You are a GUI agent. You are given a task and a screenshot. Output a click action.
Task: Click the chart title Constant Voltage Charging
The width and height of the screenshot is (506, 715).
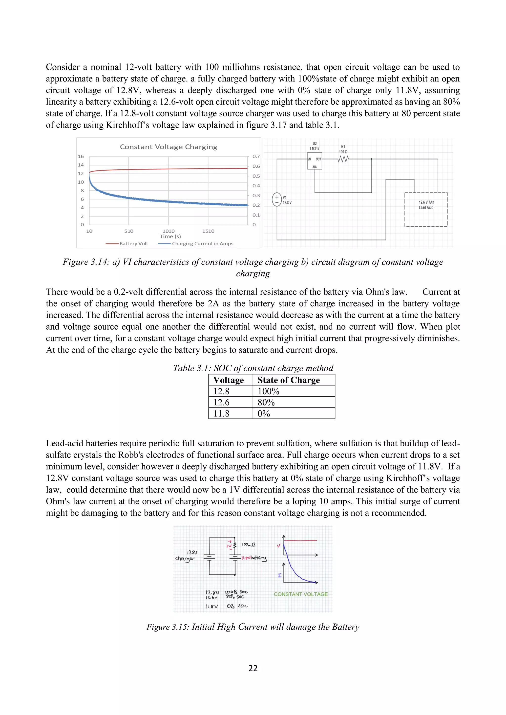point(169,147)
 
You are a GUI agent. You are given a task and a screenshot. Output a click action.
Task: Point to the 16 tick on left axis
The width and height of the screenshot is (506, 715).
point(81,156)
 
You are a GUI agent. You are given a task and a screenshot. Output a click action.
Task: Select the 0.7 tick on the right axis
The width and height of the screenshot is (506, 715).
point(256,156)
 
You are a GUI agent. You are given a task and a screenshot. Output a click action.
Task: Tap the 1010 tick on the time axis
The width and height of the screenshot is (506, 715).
point(169,231)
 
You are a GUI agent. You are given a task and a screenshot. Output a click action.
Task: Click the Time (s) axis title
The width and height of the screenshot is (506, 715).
point(170,236)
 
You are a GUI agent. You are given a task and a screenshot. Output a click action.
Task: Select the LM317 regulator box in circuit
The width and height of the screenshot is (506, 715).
point(315,161)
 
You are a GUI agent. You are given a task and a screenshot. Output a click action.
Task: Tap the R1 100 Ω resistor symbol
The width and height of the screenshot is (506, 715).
point(343,159)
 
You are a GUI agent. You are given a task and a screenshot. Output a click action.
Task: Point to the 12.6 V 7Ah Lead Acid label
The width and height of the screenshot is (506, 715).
point(426,205)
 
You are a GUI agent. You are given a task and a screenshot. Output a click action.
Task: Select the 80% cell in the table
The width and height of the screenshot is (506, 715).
point(266,402)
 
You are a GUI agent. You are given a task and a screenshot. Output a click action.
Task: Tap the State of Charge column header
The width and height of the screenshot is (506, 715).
point(289,380)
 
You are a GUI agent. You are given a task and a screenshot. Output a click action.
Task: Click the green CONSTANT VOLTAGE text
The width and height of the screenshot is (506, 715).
point(301,594)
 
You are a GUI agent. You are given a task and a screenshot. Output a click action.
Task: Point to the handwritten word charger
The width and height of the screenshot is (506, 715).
point(185,558)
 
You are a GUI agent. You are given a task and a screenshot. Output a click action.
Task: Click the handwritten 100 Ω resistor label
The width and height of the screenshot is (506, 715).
point(248,544)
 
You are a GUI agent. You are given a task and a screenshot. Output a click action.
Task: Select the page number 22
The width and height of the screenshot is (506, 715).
point(253,668)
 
